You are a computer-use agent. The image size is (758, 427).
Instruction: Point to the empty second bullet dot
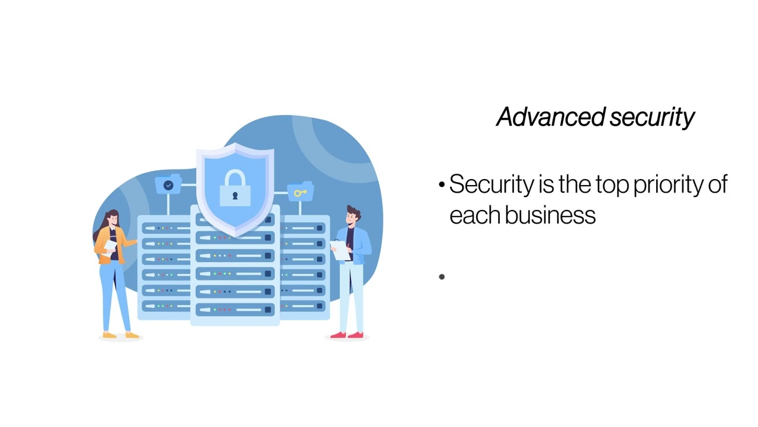[442, 276]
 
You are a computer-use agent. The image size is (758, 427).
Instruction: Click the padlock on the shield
[235, 187]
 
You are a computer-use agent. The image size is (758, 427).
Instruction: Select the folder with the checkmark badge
[168, 184]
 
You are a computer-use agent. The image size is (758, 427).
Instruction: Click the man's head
[352, 216]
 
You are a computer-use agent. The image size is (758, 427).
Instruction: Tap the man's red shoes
[346, 335]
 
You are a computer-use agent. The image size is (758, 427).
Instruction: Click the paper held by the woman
[110, 246]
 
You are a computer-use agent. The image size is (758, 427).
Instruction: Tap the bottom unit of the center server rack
[235, 309]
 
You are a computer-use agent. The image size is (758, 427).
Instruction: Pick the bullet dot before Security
[442, 186]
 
